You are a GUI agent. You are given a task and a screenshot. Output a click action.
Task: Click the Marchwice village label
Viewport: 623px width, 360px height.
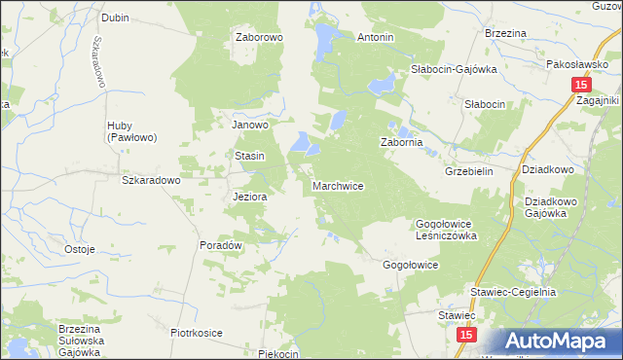click(338, 185)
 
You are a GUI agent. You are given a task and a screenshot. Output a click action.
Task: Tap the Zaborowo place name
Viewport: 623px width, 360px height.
click(258, 38)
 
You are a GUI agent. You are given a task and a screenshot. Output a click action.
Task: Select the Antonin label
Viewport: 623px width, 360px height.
click(375, 38)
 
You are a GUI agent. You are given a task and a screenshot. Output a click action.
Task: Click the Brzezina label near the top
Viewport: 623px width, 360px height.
click(505, 33)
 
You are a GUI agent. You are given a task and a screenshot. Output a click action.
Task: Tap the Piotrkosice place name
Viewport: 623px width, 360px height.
click(197, 333)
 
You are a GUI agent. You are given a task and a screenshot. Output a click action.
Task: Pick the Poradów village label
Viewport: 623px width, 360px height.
click(220, 245)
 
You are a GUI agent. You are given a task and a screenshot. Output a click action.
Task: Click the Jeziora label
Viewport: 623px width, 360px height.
click(250, 196)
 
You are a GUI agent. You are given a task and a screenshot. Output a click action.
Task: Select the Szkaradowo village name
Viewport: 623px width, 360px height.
click(151, 180)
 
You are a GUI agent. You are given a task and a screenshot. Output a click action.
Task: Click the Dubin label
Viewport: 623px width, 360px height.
click(115, 18)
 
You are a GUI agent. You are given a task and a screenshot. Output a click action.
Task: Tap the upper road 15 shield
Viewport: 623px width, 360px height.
click(578, 86)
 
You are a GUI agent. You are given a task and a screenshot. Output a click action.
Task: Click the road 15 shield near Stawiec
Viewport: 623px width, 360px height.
click(466, 334)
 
